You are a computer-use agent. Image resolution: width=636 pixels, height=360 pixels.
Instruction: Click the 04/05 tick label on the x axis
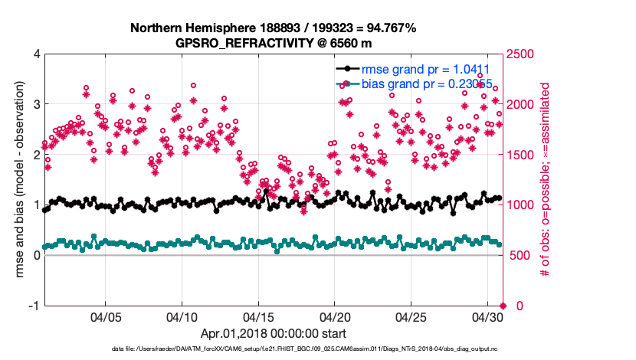[x=106, y=316]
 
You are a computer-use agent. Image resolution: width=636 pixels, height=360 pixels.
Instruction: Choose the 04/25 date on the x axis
[x=411, y=316]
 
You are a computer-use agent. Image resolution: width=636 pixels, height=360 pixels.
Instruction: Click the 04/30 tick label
[x=487, y=316]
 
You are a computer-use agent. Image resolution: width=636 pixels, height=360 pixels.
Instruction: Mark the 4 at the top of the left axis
[x=36, y=54]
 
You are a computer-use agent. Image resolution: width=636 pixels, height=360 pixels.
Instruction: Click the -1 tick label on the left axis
[x=34, y=306]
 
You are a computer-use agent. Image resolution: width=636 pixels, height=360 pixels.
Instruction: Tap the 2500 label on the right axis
[x=523, y=54]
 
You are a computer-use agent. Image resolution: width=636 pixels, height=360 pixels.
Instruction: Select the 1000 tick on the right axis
[x=523, y=205]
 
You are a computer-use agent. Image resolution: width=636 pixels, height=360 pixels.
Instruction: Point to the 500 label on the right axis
[x=520, y=255]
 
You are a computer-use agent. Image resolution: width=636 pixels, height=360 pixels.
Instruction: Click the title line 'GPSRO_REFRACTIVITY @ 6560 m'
[x=273, y=43]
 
